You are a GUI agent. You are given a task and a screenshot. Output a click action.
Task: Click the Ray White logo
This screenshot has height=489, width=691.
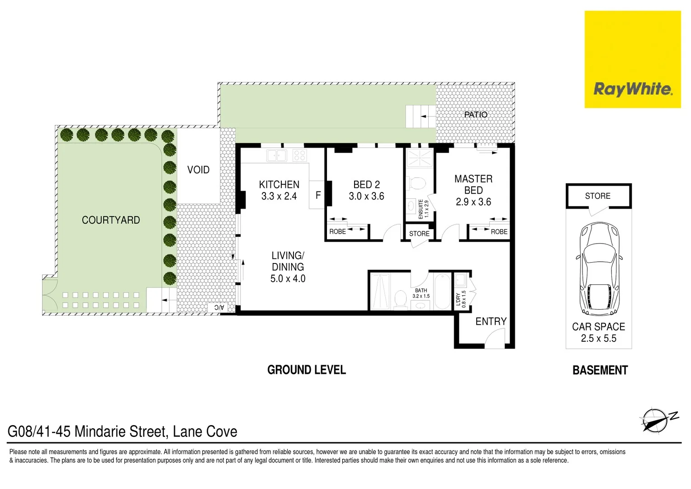click(632, 89)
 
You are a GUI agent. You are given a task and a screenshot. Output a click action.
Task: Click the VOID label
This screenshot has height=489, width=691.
click(198, 170)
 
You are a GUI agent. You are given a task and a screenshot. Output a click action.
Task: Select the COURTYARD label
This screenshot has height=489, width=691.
click(111, 220)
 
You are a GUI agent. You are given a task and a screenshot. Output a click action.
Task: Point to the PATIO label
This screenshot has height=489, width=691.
click(476, 115)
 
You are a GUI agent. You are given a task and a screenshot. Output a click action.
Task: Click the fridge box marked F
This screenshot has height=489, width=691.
click(317, 195)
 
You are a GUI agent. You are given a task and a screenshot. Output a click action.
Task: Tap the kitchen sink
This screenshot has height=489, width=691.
click(276, 155)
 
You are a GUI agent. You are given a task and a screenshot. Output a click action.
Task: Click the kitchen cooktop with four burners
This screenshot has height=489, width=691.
click(299, 155)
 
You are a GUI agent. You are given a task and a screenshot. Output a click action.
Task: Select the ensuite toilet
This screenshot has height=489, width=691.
click(416, 183)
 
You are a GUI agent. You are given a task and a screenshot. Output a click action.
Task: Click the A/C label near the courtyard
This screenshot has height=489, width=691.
click(219, 307)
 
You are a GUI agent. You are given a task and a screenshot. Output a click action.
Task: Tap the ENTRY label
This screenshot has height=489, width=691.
click(491, 321)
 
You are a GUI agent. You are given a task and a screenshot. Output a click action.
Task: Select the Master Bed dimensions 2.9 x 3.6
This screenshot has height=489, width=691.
click(473, 202)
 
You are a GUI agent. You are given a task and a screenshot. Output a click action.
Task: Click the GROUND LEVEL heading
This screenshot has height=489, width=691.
click(306, 370)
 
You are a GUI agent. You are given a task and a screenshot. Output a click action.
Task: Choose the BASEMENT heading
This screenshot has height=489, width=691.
click(600, 370)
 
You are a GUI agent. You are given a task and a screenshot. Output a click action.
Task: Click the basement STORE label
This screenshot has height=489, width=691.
click(597, 196)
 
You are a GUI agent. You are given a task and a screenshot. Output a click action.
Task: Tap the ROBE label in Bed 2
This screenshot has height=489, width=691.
click(337, 232)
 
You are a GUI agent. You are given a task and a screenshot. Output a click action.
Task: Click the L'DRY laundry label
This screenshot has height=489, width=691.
click(458, 299)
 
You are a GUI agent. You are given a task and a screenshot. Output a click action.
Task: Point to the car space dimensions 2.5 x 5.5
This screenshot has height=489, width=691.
click(598, 338)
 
